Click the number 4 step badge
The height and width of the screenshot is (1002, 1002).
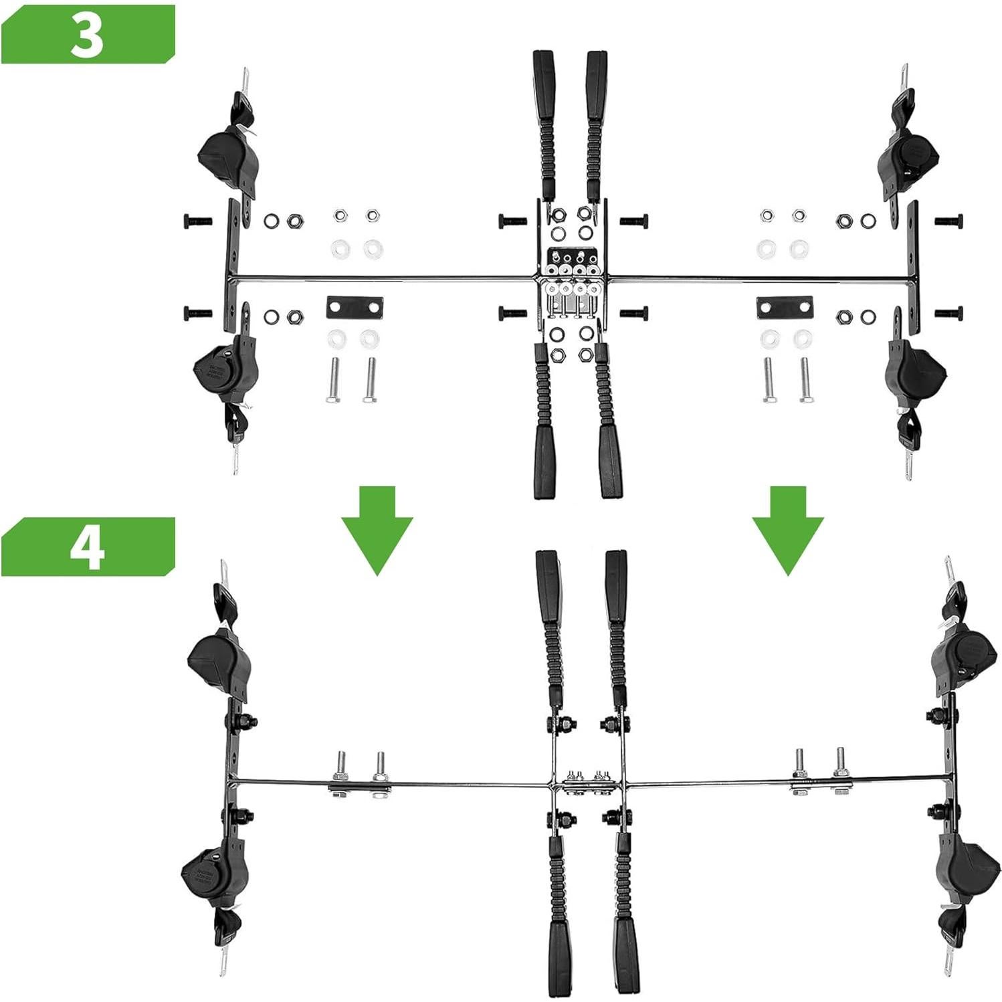coord(87,546)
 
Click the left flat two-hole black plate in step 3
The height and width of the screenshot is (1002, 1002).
coord(355,307)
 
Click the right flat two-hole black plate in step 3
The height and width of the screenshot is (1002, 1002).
coord(785,307)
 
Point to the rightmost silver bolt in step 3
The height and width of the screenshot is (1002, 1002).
coord(805,380)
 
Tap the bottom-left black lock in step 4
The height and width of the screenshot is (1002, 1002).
coord(215,874)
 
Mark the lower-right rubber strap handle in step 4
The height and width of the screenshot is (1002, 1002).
coord(626,936)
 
